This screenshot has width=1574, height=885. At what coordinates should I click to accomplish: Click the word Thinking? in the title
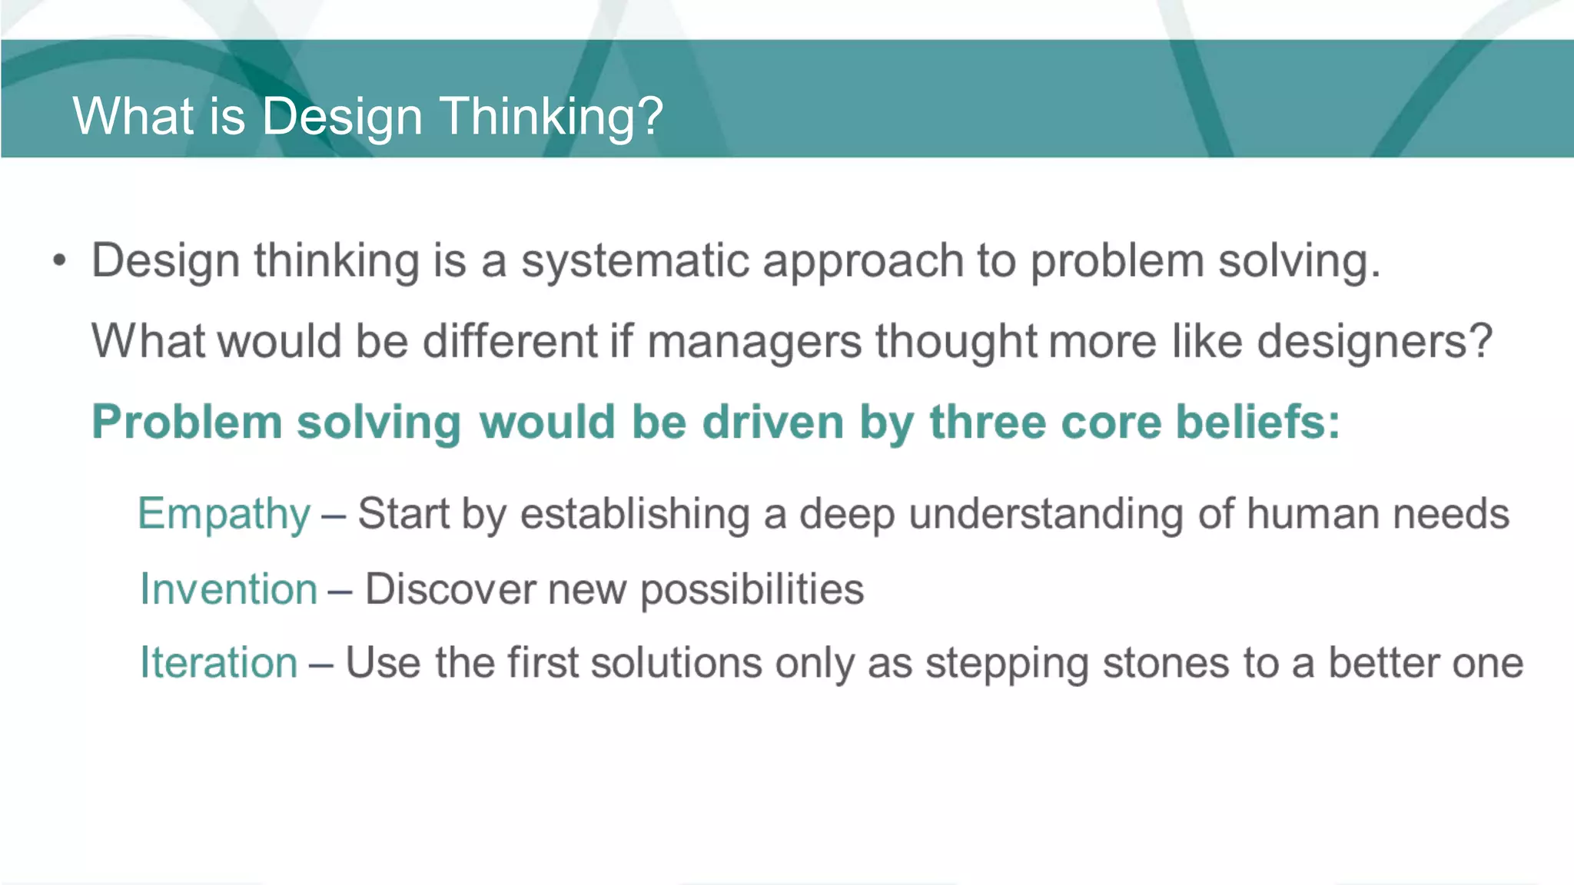550,117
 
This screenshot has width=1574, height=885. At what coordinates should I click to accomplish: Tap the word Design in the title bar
342,117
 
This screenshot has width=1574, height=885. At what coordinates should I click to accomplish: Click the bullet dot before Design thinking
60,261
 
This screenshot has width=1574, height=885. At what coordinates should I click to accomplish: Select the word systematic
635,261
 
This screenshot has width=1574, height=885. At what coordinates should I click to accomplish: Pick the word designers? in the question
1374,342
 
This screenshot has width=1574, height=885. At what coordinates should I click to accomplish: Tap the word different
510,342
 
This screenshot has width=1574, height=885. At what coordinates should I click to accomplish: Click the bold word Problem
187,423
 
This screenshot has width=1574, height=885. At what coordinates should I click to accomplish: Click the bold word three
988,423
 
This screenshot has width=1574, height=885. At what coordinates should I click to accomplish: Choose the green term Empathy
224,514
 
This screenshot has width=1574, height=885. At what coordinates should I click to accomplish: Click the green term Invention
228,589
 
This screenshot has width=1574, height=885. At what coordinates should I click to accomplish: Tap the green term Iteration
218,662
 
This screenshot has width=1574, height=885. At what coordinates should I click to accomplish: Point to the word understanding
1045,514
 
